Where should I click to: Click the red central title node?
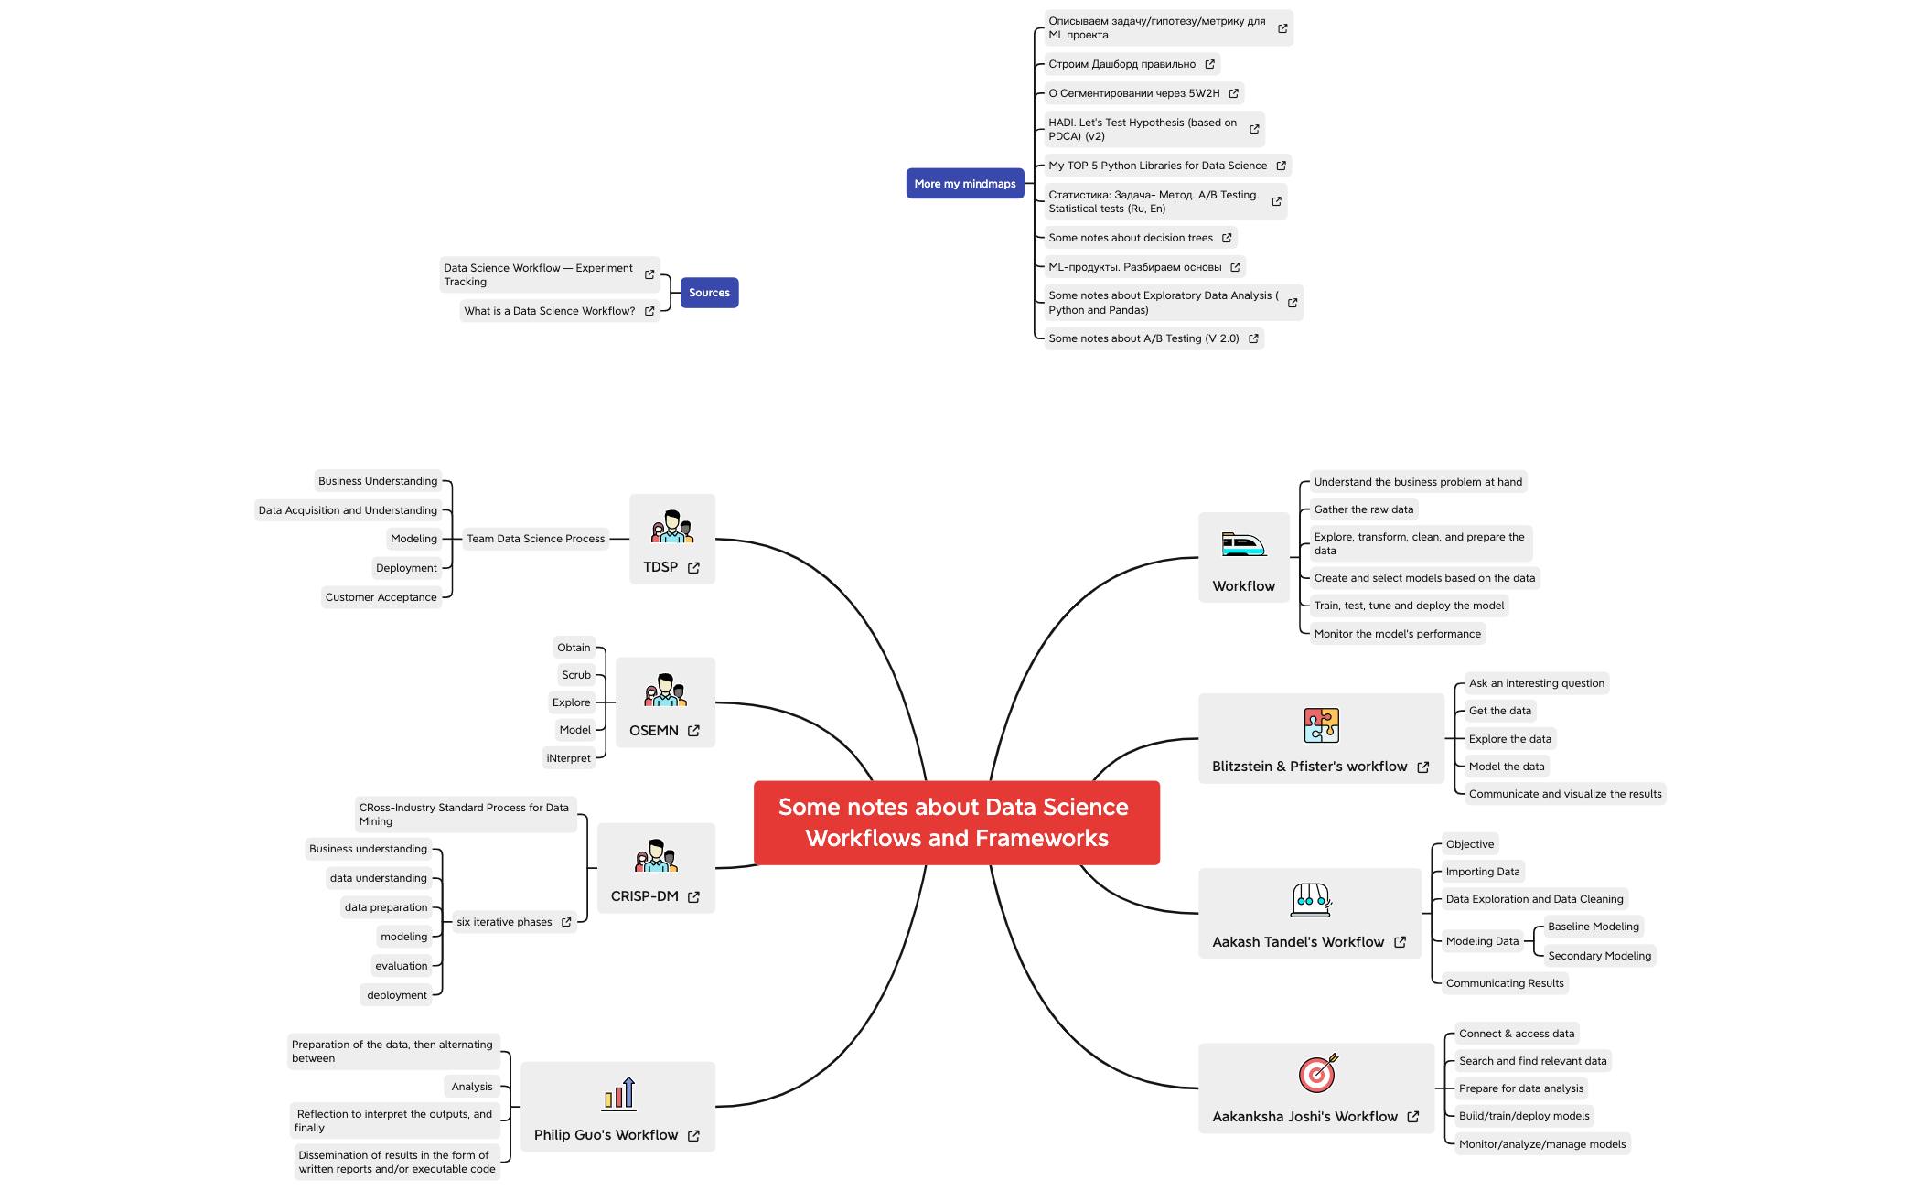[x=956, y=822]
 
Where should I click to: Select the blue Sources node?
[x=709, y=293]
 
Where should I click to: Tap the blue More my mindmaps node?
[x=964, y=184]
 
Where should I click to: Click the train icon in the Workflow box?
[x=1243, y=545]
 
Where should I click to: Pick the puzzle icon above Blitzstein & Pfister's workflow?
[x=1321, y=725]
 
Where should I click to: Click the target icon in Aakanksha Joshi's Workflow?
[x=1317, y=1073]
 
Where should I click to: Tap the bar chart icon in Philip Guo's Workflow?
[x=619, y=1093]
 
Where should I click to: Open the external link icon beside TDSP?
[x=693, y=568]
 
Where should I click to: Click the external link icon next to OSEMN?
[x=693, y=731]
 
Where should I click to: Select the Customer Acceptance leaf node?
[x=381, y=597]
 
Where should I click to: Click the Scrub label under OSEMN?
[x=576, y=675]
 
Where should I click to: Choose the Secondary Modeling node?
[x=1599, y=956]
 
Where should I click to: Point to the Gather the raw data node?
[x=1363, y=509]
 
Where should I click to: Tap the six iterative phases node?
[x=505, y=922]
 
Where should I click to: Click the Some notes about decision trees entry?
[x=1131, y=238]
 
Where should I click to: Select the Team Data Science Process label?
[x=535, y=539]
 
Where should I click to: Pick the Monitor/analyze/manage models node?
[x=1542, y=1144]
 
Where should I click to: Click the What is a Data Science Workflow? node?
[x=549, y=311]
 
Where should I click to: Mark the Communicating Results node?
[x=1505, y=983]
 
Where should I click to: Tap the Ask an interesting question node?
[x=1536, y=683]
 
